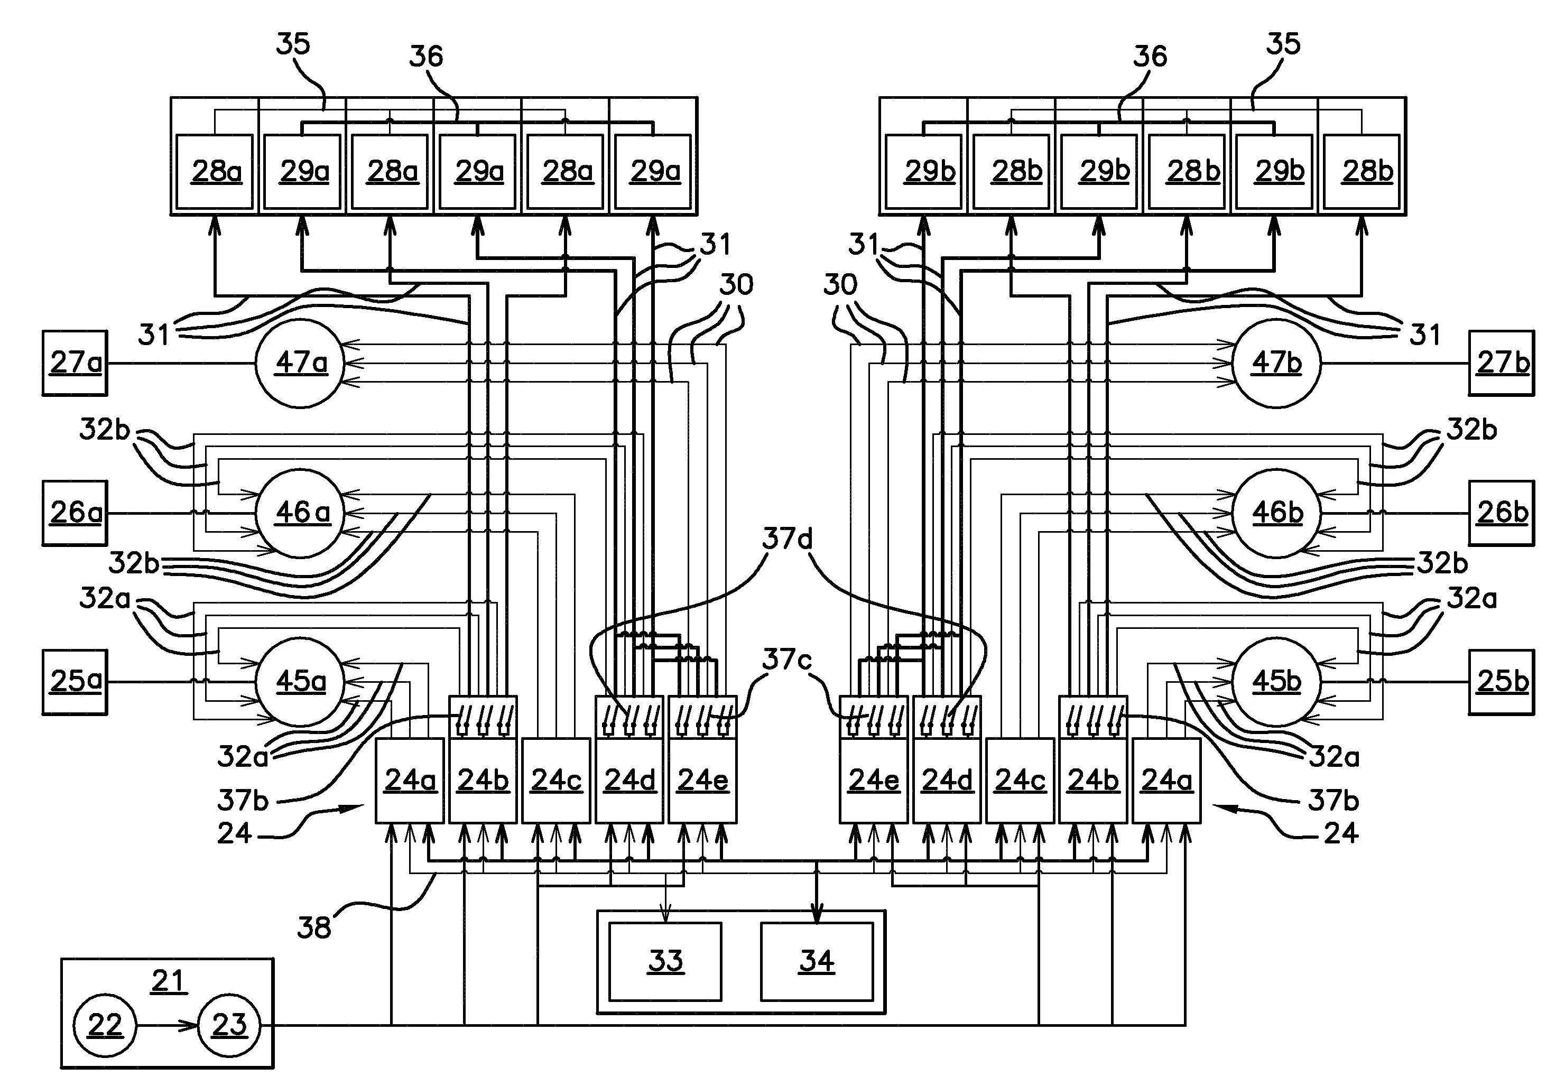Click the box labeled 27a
(x=75, y=363)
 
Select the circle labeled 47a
(x=300, y=363)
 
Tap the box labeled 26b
(x=1501, y=513)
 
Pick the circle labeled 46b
(x=1276, y=513)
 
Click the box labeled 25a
(x=75, y=681)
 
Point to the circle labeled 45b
(x=1276, y=681)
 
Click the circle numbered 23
(x=229, y=1025)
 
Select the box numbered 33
(x=665, y=961)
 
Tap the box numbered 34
(x=817, y=961)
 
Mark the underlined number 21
(x=168, y=980)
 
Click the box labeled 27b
(x=1501, y=363)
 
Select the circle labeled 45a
(x=300, y=681)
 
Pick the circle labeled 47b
(x=1276, y=363)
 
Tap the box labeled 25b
(x=1501, y=681)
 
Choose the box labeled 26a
(x=75, y=513)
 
